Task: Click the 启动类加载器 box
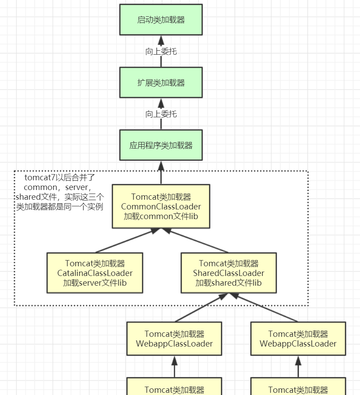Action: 161,20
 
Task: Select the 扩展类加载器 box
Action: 161,82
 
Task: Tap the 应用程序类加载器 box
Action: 161,145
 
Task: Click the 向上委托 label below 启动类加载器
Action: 161,52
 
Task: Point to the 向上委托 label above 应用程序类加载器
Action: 161,114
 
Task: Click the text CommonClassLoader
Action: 161,207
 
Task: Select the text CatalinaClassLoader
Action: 95,273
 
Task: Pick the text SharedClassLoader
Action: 229,273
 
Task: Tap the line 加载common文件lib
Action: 161,216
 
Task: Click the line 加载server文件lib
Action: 95,283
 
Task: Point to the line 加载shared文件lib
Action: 229,283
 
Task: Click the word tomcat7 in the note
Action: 40,178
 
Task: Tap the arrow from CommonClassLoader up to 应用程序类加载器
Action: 161,172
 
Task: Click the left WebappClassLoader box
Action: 174,339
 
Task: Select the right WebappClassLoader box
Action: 298,339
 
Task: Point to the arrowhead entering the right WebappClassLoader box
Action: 298,361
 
